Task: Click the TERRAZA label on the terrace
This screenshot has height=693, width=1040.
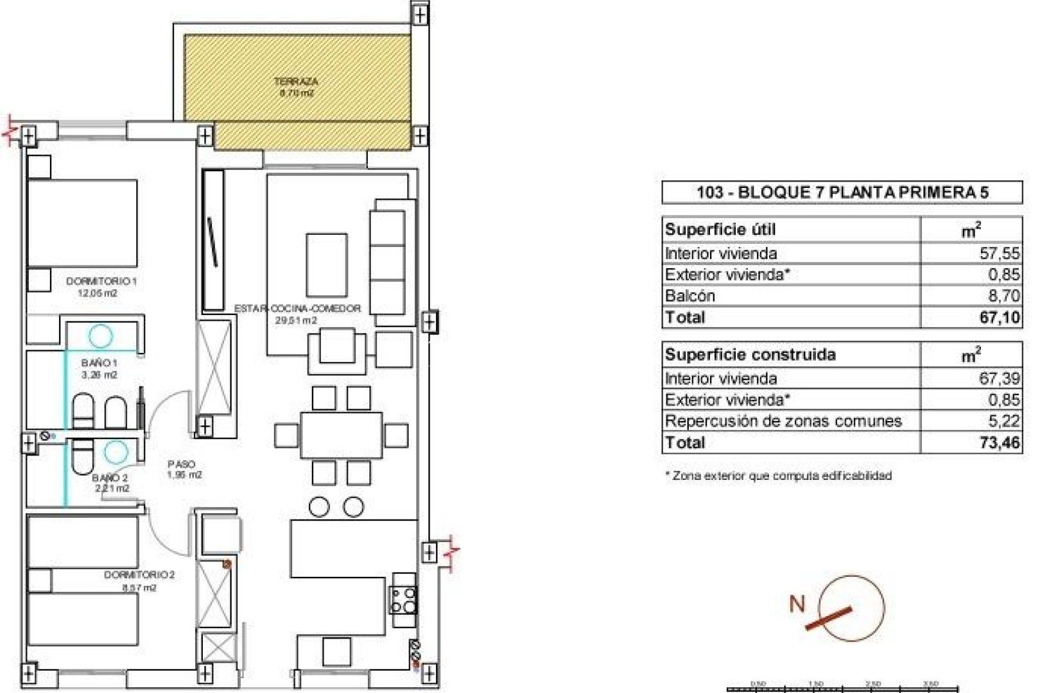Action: [296, 81]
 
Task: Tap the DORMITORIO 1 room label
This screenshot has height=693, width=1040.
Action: [101, 281]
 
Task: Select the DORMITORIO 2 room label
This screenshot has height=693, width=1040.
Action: [139, 575]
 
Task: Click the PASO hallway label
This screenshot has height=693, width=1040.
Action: [182, 464]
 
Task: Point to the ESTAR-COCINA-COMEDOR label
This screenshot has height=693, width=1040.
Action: [297, 309]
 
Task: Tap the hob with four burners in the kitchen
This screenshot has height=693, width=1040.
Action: [403, 601]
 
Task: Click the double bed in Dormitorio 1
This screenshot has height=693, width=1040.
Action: [82, 223]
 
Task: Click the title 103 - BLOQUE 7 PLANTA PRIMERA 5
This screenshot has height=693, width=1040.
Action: [842, 192]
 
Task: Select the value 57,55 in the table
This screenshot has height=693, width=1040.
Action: [999, 253]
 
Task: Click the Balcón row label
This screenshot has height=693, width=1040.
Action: [690, 296]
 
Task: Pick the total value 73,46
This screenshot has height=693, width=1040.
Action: [999, 442]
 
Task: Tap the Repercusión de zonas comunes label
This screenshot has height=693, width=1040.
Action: [783, 421]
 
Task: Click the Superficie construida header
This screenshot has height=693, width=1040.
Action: [750, 354]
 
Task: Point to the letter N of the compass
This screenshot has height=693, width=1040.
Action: [797, 603]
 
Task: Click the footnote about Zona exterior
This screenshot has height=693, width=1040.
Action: [778, 476]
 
